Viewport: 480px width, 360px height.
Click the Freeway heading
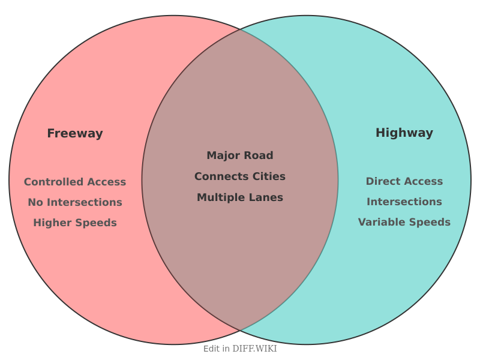click(x=75, y=134)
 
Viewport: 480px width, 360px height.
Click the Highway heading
click(x=404, y=133)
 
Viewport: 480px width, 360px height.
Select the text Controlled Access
click(x=75, y=182)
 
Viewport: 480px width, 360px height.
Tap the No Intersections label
click(x=75, y=202)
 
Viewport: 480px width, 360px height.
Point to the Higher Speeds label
click(x=75, y=223)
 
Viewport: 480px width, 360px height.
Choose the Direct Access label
click(x=404, y=181)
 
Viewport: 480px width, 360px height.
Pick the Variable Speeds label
click(x=404, y=222)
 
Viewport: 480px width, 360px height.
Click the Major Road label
click(x=240, y=155)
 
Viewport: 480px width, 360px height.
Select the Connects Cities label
click(x=240, y=176)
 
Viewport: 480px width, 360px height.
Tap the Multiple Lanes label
click(x=240, y=197)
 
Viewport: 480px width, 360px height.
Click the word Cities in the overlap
click(x=265, y=176)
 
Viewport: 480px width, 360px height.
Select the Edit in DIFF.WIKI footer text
click(x=240, y=349)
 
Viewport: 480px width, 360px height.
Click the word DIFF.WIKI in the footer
click(x=254, y=349)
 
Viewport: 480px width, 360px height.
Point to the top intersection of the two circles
click(x=240, y=29)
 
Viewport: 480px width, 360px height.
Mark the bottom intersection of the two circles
click(x=240, y=331)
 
